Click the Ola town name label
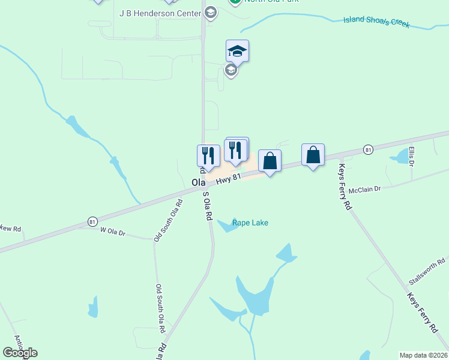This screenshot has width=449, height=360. pyautogui.click(x=198, y=182)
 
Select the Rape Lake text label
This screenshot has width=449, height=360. pyautogui.click(x=250, y=223)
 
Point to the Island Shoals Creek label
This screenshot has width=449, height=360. pyautogui.click(x=376, y=23)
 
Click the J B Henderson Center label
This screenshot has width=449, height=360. pyautogui.click(x=160, y=13)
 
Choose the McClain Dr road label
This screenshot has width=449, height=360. pyautogui.click(x=365, y=189)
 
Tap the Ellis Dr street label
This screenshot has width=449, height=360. pyautogui.click(x=412, y=156)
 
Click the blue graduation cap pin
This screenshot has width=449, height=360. pyautogui.click(x=238, y=51)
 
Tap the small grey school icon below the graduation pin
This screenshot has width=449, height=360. pyautogui.click(x=231, y=71)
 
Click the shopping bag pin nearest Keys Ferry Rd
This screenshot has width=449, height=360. pyautogui.click(x=313, y=155)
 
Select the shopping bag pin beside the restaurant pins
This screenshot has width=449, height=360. pyautogui.click(x=270, y=161)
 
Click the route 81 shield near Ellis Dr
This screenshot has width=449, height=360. pyautogui.click(x=368, y=149)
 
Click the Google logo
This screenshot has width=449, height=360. pyautogui.click(x=20, y=353)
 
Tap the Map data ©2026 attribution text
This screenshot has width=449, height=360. pyautogui.click(x=423, y=355)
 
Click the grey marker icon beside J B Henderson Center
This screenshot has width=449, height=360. pyautogui.click(x=210, y=12)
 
